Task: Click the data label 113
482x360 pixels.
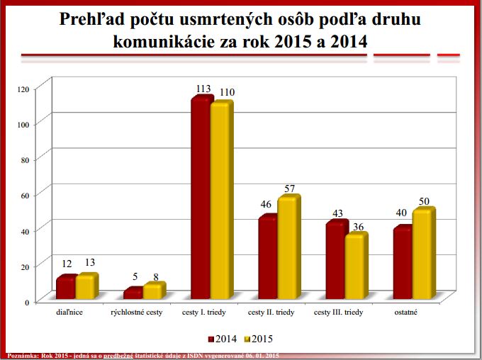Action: click(203, 89)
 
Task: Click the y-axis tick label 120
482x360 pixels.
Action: click(23, 89)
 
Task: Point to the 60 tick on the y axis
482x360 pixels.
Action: click(26, 195)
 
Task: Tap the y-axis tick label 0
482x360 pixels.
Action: click(28, 302)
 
